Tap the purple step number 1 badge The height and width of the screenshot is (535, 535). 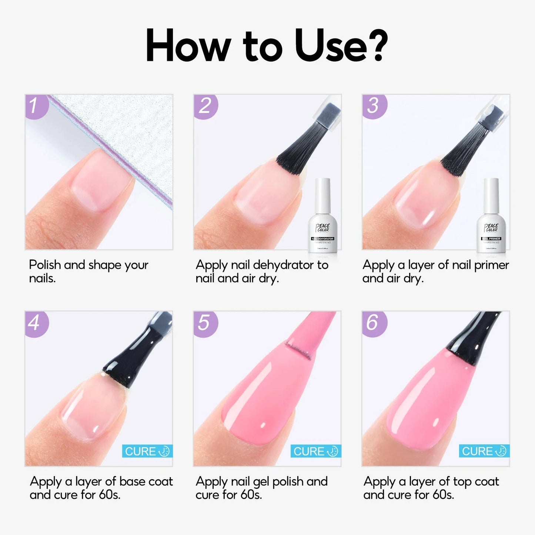click(36, 106)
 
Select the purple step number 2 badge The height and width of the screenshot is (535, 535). click(205, 106)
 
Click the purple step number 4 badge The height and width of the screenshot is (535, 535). click(36, 323)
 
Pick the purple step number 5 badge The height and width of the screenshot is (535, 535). click(204, 323)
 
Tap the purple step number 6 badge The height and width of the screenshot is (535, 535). click(373, 323)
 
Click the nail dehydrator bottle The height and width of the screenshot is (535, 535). click(322, 218)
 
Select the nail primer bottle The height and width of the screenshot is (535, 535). click(491, 218)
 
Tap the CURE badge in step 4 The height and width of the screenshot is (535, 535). click(147, 451)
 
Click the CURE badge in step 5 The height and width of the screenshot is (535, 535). click(315, 451)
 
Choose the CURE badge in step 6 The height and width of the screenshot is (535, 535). click(484, 451)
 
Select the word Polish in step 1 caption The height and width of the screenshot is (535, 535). click(45, 265)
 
